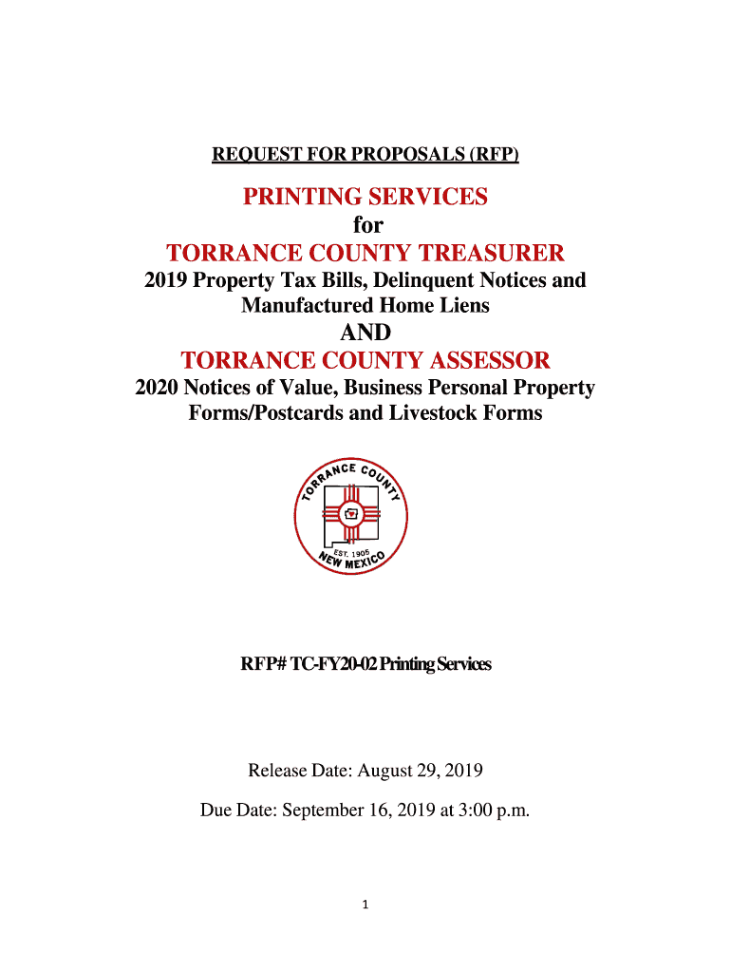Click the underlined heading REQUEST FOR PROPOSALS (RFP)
(x=365, y=154)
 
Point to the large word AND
(x=365, y=334)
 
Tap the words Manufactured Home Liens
(x=365, y=306)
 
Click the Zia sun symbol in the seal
(x=351, y=513)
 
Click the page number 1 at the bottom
(x=366, y=905)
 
